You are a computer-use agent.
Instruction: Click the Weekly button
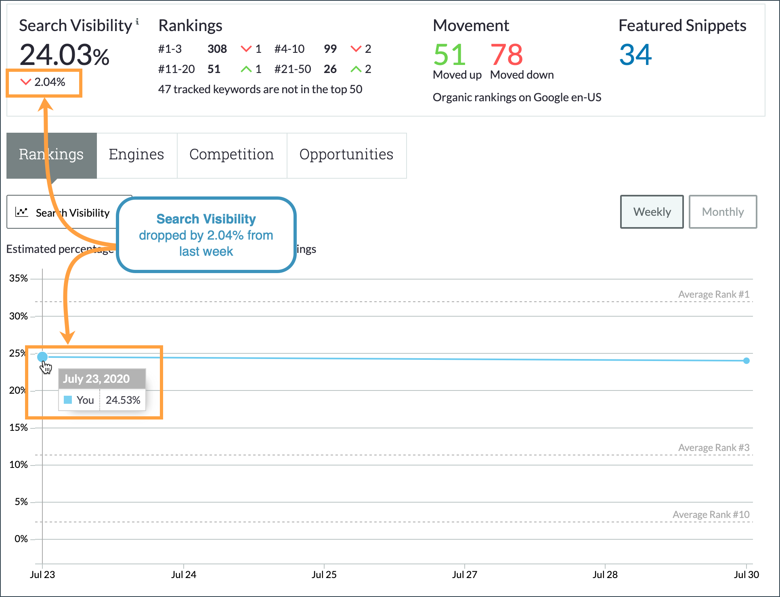point(652,212)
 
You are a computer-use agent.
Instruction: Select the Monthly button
point(722,212)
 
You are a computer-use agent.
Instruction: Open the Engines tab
point(136,155)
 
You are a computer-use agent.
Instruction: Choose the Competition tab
point(232,155)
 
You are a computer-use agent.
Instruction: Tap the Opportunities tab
point(346,155)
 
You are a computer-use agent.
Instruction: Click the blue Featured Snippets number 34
point(635,55)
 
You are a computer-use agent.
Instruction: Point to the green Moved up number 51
point(449,55)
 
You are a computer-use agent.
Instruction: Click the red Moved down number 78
point(506,55)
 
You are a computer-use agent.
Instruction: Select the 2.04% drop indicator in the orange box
point(44,82)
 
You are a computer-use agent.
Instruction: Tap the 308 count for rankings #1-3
point(217,49)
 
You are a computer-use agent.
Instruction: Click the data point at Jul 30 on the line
point(746,361)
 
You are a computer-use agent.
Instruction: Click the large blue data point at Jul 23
point(42,357)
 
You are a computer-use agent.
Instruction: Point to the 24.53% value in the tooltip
point(123,400)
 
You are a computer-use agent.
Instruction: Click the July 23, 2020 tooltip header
point(96,379)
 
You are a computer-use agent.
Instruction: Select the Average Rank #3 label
point(713,448)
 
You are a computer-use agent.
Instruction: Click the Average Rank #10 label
point(711,515)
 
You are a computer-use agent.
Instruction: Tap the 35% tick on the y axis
point(19,278)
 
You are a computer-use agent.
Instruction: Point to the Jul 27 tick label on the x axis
point(464,574)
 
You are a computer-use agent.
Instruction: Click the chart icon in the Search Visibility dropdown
point(22,212)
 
